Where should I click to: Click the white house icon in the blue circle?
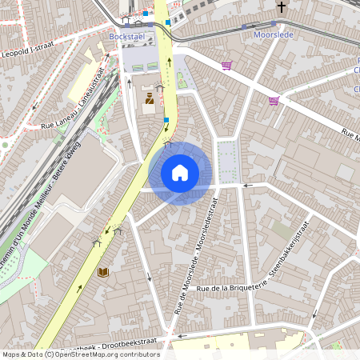coord(180,173)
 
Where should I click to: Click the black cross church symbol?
coord(281,8)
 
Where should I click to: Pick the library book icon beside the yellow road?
coord(102,272)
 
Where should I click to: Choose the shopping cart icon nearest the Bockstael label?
coord(226,66)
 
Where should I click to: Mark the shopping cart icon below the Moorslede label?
coord(274,101)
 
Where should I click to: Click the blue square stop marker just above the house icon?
coord(166,120)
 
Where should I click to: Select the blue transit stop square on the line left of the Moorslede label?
coord(243,26)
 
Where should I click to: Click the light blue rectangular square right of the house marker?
coord(228,160)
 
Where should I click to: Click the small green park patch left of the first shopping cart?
coord(182,80)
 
